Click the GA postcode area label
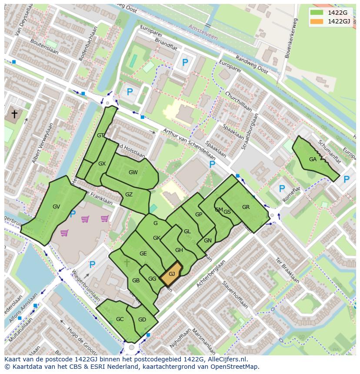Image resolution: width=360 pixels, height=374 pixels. (313, 159)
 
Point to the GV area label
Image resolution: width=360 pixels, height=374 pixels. (56, 207)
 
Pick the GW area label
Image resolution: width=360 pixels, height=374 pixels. (133, 172)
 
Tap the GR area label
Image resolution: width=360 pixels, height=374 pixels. (246, 207)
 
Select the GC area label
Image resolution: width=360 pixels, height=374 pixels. (120, 319)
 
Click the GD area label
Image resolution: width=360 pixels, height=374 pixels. (142, 320)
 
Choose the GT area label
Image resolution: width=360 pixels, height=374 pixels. (100, 136)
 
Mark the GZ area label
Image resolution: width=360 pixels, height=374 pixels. (129, 195)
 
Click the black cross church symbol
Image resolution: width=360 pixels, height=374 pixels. (14, 114)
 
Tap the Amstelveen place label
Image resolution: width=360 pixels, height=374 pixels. (203, 32)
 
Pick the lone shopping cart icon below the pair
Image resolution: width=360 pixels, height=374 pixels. (65, 233)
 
